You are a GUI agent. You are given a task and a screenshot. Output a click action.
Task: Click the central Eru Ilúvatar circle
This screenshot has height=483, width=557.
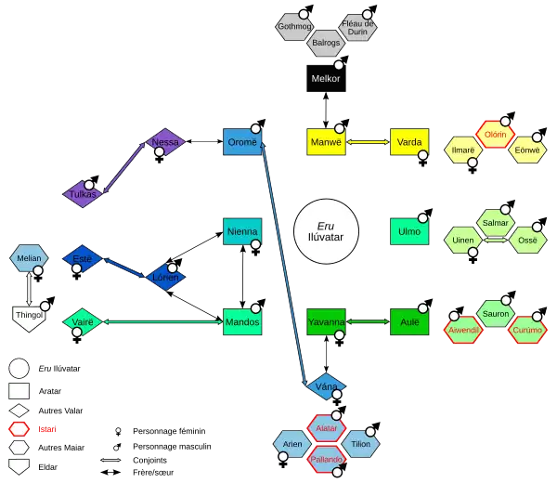pyautogui.click(x=325, y=231)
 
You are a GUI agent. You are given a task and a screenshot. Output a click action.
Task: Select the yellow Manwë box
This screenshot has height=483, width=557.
pyautogui.click(x=325, y=142)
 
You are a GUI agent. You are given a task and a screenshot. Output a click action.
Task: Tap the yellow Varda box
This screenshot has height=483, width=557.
pyautogui.click(x=407, y=142)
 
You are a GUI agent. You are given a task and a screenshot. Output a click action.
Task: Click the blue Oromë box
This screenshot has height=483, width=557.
pyautogui.click(x=242, y=142)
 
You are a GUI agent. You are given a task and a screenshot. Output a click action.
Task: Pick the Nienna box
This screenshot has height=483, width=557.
pyautogui.click(x=242, y=231)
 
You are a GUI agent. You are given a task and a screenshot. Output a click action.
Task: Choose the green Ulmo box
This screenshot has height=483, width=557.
pyautogui.click(x=408, y=231)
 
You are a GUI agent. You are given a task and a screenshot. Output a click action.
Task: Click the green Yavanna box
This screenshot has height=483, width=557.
pyautogui.click(x=326, y=321)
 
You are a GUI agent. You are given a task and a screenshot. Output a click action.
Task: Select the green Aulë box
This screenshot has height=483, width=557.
pyautogui.click(x=408, y=321)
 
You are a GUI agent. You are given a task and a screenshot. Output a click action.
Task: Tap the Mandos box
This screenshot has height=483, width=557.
pyautogui.click(x=242, y=321)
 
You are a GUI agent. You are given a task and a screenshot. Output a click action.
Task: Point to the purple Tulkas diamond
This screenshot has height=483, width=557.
pyautogui.click(x=84, y=193)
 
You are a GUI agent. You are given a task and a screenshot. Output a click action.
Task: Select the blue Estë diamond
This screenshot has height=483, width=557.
pyautogui.click(x=82, y=260)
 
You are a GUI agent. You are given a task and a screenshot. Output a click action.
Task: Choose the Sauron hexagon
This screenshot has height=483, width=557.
pyautogui.click(x=496, y=314)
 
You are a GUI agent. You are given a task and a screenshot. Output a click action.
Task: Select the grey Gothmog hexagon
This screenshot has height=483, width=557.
pyautogui.click(x=296, y=27)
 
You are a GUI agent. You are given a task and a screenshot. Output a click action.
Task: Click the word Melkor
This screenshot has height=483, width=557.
pyautogui.click(x=326, y=79)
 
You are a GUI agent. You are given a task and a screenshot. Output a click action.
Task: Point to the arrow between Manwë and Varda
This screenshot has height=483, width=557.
pyautogui.click(x=366, y=142)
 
